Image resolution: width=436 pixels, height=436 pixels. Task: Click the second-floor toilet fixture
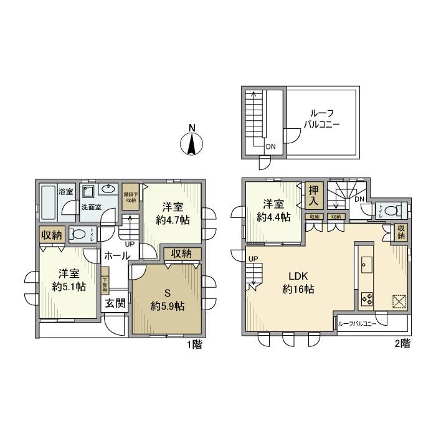coord(392,211)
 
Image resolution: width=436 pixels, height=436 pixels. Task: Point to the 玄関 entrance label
coord(114,303)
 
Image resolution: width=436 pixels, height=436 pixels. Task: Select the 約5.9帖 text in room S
coord(167,300)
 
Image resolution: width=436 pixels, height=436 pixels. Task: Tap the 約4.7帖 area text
coord(173,215)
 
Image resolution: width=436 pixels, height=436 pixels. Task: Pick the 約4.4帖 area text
coord(274,211)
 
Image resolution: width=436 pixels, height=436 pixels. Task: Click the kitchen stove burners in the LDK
coord(366,298)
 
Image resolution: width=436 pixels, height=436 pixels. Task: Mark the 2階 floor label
coord(402,343)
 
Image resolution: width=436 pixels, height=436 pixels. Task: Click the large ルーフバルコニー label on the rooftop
coord(321,118)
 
